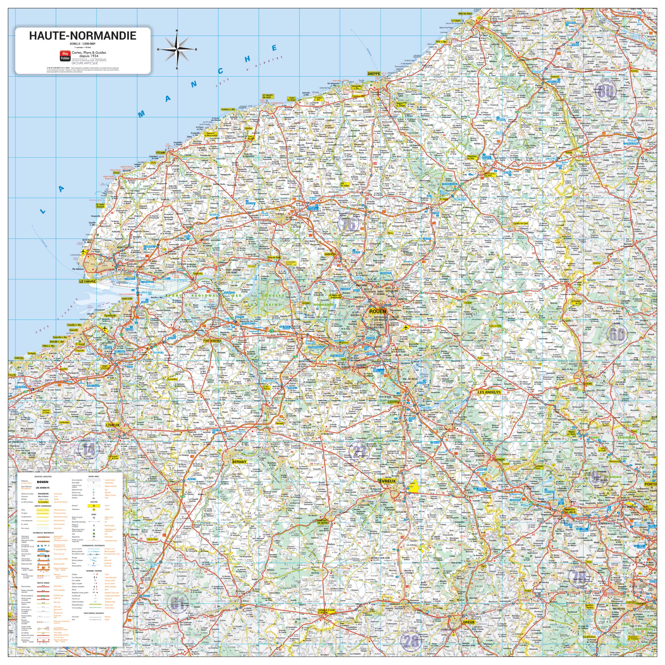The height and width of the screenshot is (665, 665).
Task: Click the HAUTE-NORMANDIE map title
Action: [x=83, y=35]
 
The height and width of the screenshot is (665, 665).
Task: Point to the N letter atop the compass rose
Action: [x=177, y=31]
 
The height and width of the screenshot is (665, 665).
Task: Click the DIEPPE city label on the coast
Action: [x=374, y=74]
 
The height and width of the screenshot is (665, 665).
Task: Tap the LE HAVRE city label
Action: [x=88, y=281]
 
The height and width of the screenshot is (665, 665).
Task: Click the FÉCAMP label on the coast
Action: [x=161, y=153]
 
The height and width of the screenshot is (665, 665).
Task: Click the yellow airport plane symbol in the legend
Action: [x=94, y=506]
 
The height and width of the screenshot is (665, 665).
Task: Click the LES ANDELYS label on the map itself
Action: [x=489, y=392]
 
